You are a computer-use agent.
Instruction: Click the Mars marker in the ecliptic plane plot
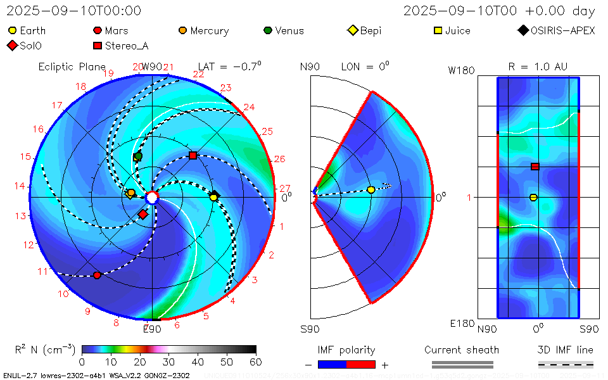click(97, 275)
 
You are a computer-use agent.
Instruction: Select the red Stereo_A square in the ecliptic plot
click(193, 155)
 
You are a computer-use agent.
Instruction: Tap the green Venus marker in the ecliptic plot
click(138, 156)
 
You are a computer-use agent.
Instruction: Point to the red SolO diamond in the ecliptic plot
click(143, 215)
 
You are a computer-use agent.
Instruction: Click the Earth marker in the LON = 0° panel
click(371, 189)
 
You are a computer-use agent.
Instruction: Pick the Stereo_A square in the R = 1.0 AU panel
click(535, 167)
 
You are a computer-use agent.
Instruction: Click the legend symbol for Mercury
click(182, 30)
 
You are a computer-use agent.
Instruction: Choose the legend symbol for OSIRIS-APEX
click(522, 30)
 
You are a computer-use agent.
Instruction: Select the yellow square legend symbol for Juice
click(437, 30)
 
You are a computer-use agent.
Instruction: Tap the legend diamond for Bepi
click(353, 30)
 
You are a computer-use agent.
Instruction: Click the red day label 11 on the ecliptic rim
click(43, 272)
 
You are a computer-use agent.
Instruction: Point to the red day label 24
click(249, 107)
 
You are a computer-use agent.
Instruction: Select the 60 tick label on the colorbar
click(256, 362)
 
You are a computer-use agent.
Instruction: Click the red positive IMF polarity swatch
click(361, 364)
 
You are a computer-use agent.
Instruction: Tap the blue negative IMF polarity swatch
click(332, 364)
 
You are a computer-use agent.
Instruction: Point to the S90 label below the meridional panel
click(310, 329)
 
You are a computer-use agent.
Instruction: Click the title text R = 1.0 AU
click(538, 66)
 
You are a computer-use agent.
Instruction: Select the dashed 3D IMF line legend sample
click(566, 364)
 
